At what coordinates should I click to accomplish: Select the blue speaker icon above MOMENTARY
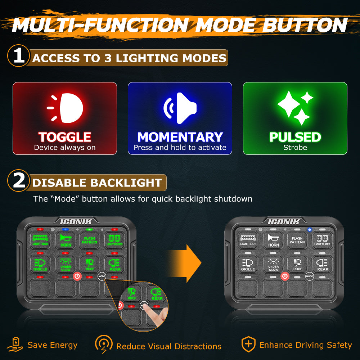click(180, 108)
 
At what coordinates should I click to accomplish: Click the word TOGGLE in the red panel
click(65, 137)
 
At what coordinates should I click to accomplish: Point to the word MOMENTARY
click(180, 137)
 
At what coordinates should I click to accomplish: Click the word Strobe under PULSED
click(295, 148)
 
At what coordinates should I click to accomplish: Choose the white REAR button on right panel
click(323, 264)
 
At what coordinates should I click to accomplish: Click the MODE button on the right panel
click(309, 276)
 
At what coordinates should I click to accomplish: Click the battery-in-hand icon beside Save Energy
click(17, 345)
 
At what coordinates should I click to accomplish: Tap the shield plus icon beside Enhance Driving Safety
click(248, 345)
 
